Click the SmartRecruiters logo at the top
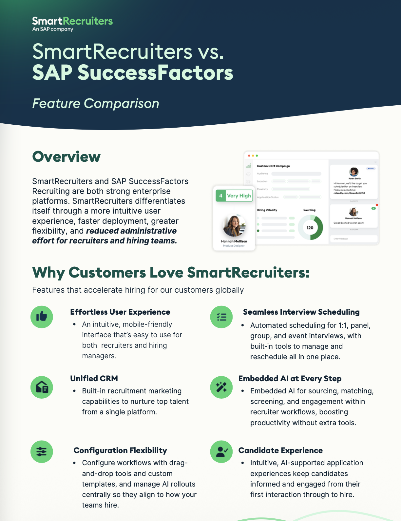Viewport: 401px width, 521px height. [72, 24]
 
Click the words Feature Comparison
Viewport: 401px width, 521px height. [96, 103]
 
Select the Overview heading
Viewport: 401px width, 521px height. [66, 156]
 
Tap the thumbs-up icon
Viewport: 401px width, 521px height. [42, 317]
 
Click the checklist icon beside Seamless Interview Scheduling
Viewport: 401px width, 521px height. [221, 317]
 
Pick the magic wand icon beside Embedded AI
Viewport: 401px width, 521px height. [221, 387]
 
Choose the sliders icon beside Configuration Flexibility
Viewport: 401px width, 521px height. [42, 451]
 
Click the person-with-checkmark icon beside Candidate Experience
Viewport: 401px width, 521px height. [221, 451]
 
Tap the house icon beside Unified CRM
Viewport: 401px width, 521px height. [42, 387]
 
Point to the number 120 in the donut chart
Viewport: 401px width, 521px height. [310, 228]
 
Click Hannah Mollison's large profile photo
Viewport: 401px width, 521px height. [234, 226]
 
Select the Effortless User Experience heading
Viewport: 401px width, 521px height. [120, 312]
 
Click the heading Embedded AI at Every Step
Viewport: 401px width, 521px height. [290, 379]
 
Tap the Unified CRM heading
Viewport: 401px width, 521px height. [94, 379]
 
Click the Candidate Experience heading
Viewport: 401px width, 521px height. [280, 450]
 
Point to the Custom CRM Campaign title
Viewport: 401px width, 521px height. [273, 166]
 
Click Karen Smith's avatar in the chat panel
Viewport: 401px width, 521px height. [354, 172]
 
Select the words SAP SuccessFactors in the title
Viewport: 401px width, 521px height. [133, 73]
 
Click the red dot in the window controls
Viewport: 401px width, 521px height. [249, 156]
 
